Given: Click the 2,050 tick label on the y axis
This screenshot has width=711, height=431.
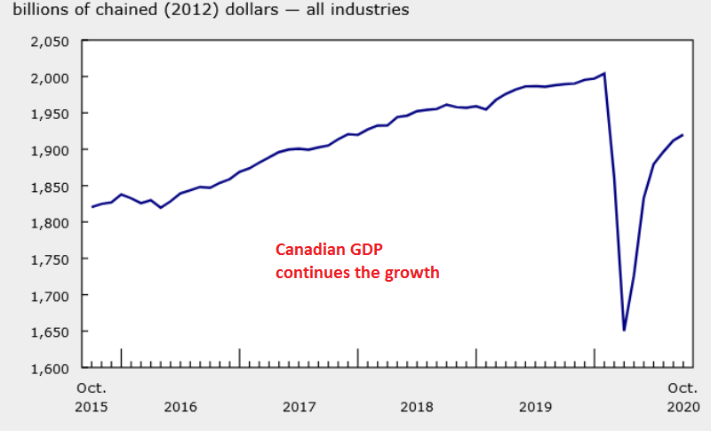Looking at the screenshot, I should click(x=50, y=42).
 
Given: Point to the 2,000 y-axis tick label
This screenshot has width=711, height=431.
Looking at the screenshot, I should click(x=50, y=78).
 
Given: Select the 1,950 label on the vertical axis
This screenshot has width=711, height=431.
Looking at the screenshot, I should click(x=50, y=114).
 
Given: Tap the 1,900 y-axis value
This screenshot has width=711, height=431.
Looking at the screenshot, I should click(x=50, y=150).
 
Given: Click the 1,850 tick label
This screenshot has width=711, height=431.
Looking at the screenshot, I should click(x=50, y=187).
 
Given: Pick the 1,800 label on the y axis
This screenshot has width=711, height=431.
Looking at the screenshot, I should click(x=50, y=223).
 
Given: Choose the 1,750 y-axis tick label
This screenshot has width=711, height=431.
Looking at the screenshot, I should click(x=50, y=259).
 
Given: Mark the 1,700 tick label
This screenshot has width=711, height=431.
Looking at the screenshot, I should click(x=50, y=295).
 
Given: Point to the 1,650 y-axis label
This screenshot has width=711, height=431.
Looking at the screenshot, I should click(x=50, y=331).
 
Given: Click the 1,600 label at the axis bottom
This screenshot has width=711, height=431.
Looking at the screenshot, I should click(x=50, y=368).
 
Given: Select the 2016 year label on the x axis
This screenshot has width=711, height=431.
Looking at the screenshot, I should click(x=180, y=407).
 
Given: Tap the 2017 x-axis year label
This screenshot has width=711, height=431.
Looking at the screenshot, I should click(x=299, y=407).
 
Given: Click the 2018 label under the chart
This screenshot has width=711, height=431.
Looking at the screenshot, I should click(x=417, y=407).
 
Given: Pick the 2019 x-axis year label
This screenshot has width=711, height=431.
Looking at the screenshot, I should click(x=535, y=407).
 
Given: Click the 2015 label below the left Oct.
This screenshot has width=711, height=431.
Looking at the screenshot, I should click(x=92, y=407).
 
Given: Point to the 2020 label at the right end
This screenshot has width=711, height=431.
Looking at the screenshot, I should click(x=683, y=407).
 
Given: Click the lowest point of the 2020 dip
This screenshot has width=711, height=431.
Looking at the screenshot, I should click(x=624, y=330).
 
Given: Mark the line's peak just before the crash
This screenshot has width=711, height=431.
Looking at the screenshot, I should click(x=604, y=74).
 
